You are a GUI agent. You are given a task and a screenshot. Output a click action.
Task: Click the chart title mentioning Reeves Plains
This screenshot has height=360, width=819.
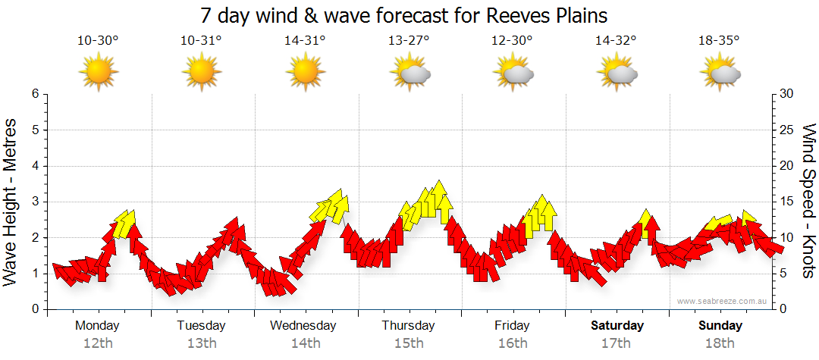click(x=404, y=15)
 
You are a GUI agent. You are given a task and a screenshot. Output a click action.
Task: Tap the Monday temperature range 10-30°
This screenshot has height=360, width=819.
click(x=98, y=40)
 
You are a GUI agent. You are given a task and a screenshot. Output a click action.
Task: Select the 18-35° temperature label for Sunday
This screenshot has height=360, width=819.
click(x=719, y=40)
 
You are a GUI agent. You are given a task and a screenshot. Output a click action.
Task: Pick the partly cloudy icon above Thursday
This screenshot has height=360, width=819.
click(x=409, y=72)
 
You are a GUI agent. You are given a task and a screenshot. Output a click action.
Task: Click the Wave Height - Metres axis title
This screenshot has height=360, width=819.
click(x=11, y=202)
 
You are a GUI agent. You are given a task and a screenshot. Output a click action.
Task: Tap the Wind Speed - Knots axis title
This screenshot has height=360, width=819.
click(x=808, y=202)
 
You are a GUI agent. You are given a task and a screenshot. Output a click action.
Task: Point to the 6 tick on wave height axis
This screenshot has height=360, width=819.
click(x=35, y=94)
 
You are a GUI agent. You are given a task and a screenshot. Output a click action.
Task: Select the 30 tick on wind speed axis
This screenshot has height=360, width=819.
click(x=786, y=94)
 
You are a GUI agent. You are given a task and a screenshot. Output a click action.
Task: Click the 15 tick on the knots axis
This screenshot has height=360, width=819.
click(x=786, y=202)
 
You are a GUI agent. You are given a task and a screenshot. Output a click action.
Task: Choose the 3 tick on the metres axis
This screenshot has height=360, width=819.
click(x=35, y=202)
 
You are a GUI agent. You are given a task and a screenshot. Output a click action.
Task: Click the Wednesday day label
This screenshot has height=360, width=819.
click(x=303, y=326)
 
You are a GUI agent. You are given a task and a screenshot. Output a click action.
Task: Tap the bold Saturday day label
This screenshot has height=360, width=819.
click(x=617, y=326)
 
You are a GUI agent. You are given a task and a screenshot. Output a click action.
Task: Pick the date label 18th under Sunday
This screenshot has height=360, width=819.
click(x=720, y=343)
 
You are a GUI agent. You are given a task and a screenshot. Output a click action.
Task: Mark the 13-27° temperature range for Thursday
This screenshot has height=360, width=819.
click(x=409, y=40)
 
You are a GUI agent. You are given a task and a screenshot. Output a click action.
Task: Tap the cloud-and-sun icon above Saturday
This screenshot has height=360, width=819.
click(x=617, y=72)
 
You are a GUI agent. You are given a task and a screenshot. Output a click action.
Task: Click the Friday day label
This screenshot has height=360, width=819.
click(x=512, y=326)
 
